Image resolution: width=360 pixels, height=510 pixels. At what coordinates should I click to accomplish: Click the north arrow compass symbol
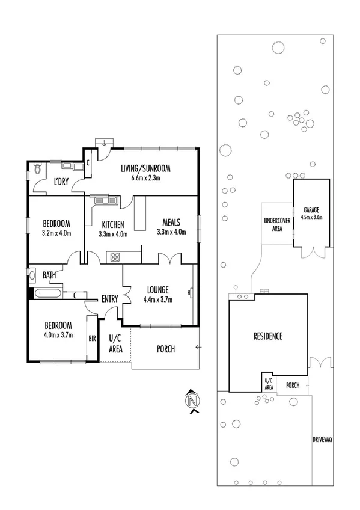coord(192,401)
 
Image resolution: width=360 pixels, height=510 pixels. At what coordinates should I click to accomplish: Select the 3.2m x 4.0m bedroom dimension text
coord(56,233)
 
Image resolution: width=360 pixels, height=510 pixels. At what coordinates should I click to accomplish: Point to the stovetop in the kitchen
coord(114,258)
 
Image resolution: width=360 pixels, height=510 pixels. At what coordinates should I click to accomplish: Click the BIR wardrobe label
coord(92,339)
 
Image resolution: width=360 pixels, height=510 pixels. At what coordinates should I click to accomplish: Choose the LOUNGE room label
coord(159,289)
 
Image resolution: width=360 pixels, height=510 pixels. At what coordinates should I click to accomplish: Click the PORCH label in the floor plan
coord(165,349)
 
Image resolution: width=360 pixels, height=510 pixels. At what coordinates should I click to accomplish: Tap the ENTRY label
coord(109,299)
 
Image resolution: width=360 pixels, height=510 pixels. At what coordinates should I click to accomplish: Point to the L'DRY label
coord(61,182)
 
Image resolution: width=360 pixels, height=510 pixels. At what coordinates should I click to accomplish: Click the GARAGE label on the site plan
coord(311,210)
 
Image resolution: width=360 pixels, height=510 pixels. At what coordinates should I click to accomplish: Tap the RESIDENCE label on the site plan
coord(267,336)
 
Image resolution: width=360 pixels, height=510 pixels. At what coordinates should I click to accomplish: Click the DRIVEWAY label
coord(322,440)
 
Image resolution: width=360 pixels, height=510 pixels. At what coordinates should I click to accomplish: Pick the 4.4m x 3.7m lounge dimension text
coord(159,299)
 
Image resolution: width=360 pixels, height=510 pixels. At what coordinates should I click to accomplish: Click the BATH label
coord(49,276)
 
